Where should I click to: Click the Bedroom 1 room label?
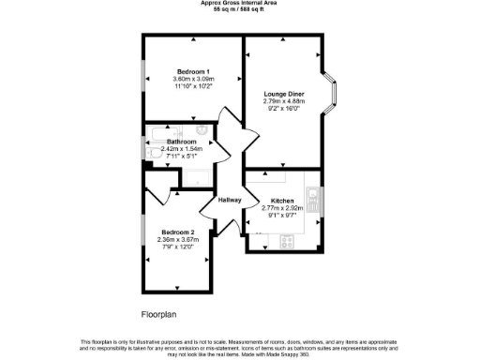193,71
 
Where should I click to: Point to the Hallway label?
230,200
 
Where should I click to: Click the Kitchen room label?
282,202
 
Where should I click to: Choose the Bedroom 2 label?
177,232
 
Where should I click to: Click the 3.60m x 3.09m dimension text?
193,79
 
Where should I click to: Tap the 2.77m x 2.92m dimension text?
282,209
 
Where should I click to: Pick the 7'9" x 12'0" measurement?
177,247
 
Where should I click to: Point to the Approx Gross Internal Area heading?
240,3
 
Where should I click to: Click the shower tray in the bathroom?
199,177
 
